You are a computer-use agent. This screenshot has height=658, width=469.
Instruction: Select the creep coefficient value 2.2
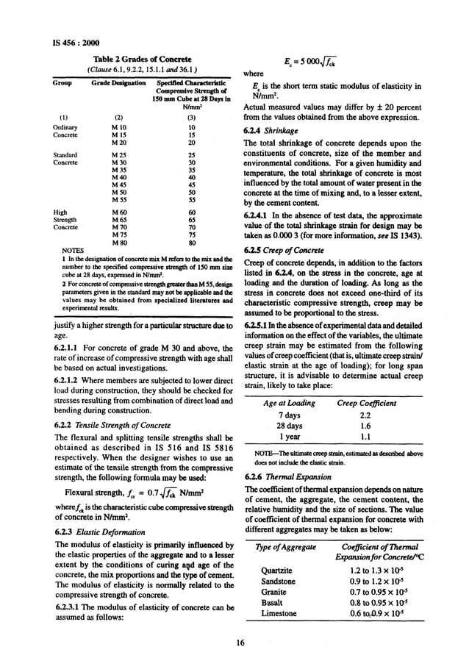point(367,415)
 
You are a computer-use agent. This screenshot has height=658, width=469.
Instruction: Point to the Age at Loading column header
point(290,403)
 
